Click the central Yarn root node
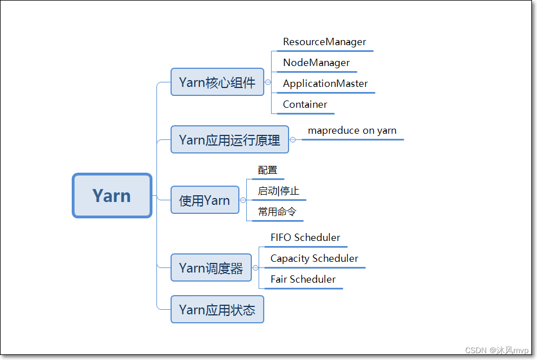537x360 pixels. pos(112,196)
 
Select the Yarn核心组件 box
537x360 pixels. pos(217,82)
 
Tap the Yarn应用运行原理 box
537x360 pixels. pos(229,139)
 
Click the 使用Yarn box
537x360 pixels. pos(204,200)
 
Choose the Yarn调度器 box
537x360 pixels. pos(211,267)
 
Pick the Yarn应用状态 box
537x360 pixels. pos(217,309)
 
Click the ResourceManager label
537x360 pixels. pos(324,42)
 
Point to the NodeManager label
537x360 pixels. pos(316,63)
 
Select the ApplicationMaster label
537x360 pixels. pos(325,84)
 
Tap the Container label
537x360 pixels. pos(305,104)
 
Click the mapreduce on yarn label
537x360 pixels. pos(352,130)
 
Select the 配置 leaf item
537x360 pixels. pos(268,170)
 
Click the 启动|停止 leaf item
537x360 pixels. pos(278,191)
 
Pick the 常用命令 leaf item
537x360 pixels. pos(277,212)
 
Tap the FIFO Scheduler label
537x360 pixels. pos(305,238)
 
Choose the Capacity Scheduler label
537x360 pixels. pos(314,258)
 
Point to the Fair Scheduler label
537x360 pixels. pos(303,279)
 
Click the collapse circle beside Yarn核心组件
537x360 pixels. pos(268,82)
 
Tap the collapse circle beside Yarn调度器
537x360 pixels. pos(255,267)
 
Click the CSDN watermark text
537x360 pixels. pos(497,350)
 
